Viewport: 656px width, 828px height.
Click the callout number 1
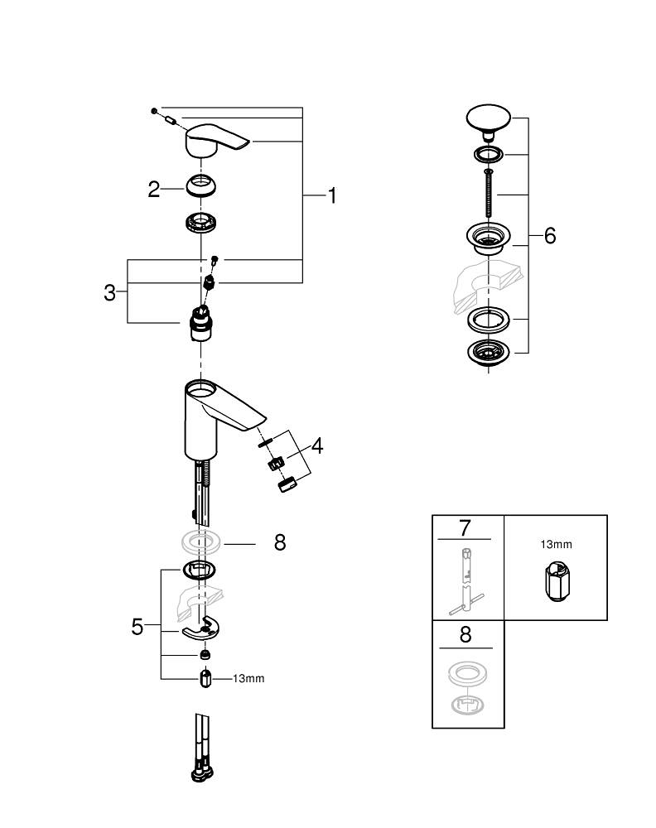tap(331, 196)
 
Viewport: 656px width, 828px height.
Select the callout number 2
tap(154, 190)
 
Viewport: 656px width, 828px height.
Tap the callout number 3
tap(110, 292)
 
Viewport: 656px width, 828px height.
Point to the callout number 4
tap(316, 446)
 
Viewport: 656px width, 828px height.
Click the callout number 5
tap(137, 627)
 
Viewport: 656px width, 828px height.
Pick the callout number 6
tap(549, 236)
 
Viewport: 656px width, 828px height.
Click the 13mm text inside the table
tap(556, 545)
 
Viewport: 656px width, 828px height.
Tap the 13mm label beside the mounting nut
tap(248, 679)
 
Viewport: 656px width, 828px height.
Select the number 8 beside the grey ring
tap(280, 543)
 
